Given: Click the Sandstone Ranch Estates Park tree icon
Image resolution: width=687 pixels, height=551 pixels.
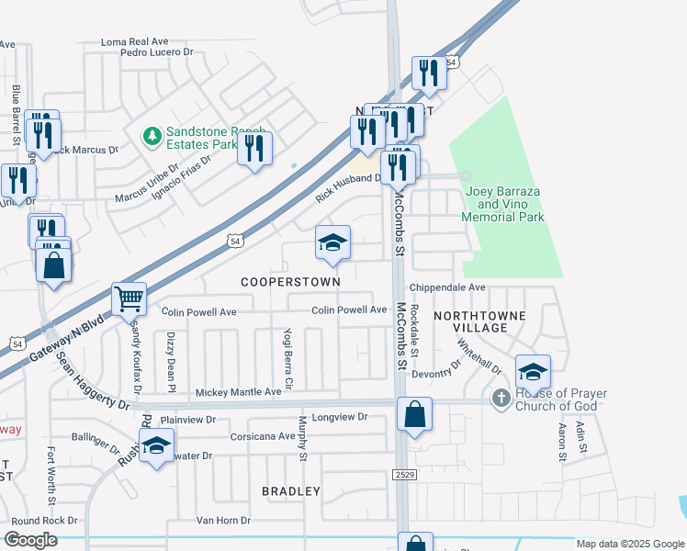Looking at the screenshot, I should tap(151, 136).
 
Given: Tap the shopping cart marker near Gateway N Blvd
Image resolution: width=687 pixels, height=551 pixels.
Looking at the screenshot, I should tap(129, 298).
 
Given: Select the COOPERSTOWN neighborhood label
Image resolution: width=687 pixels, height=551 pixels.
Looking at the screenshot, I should tap(291, 281).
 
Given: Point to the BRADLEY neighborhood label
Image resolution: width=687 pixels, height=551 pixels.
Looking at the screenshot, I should tap(291, 491).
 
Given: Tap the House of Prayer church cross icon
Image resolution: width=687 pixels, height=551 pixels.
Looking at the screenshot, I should tap(501, 398).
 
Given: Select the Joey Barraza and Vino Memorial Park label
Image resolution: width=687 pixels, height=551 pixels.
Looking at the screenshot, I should tap(504, 205).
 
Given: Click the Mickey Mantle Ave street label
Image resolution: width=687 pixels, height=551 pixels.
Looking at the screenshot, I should tap(239, 392).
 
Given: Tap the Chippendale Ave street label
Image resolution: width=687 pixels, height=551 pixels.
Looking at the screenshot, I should tap(447, 287).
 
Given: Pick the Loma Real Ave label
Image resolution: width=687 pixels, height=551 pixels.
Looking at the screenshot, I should tap(135, 42).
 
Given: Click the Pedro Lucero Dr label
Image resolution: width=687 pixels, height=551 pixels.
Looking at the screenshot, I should tap(160, 53).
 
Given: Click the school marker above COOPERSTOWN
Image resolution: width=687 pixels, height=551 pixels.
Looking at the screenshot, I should tap(332, 243).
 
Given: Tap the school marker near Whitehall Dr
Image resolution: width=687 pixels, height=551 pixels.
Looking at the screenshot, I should tap(533, 371).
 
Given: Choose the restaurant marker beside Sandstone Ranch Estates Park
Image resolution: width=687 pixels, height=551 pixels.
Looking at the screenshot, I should tap(254, 149).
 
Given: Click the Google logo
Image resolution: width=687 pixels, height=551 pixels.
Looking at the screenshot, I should tap(30, 540).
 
